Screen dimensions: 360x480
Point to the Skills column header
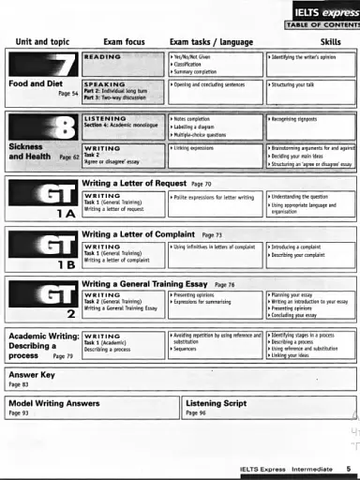[x=331, y=42]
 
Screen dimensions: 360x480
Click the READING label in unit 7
[x=103, y=57]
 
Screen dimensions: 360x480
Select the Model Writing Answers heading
[x=53, y=401]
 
